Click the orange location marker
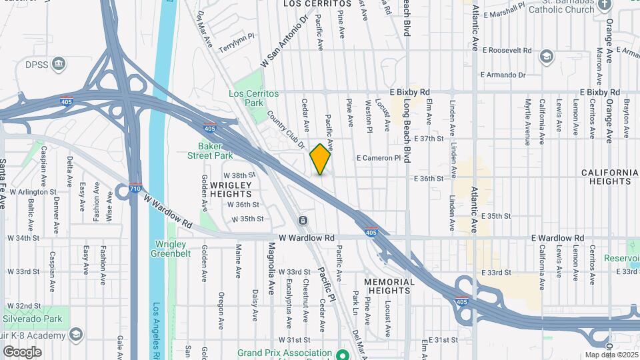321,159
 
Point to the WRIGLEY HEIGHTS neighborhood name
230,189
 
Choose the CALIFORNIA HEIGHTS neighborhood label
609,177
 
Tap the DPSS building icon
59,64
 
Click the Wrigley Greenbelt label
173,249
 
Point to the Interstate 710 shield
135,189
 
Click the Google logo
22,351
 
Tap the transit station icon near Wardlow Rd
303,221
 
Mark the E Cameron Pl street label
379,158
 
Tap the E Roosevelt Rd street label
507,50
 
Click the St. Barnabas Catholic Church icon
605,5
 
